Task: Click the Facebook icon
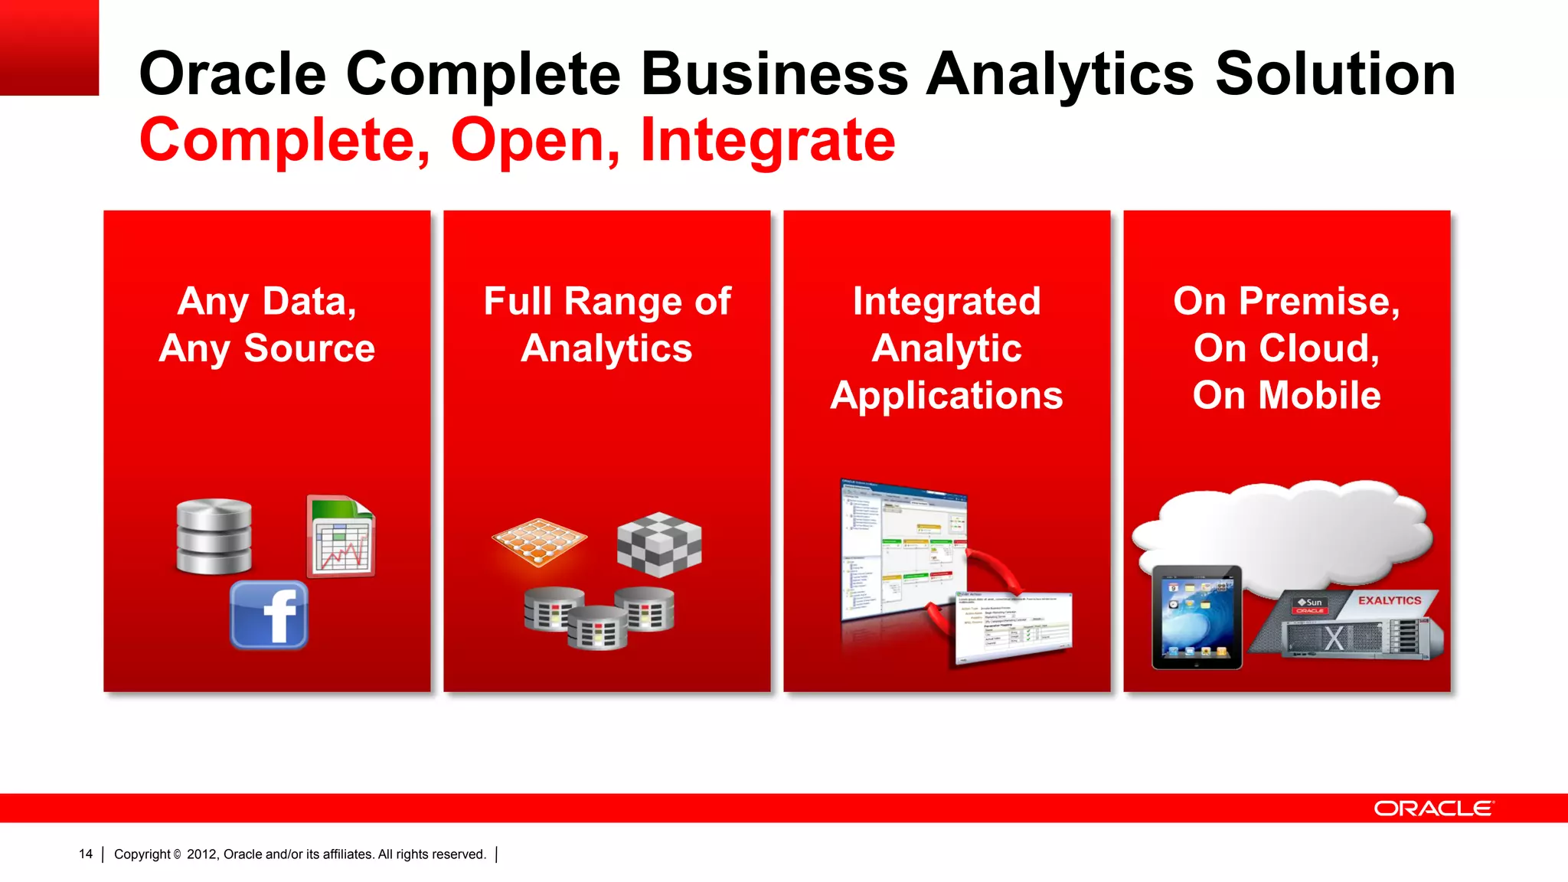tap(269, 615)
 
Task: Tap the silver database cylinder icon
tap(214, 536)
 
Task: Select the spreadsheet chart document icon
tap(341, 536)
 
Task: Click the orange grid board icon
tap(539, 542)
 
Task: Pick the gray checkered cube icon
tap(659, 544)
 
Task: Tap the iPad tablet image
tap(1197, 617)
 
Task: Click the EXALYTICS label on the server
tap(1390, 601)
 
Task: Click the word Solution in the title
tap(1335, 74)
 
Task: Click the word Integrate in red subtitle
tap(768, 140)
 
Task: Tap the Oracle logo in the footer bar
tap(1433, 808)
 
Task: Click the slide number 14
tap(86, 854)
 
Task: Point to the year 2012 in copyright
tap(202, 854)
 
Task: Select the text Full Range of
tap(607, 301)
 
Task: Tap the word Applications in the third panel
tap(946, 396)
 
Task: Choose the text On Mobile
tap(1286, 396)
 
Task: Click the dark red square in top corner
tap(49, 47)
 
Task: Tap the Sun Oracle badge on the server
tap(1310, 606)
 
